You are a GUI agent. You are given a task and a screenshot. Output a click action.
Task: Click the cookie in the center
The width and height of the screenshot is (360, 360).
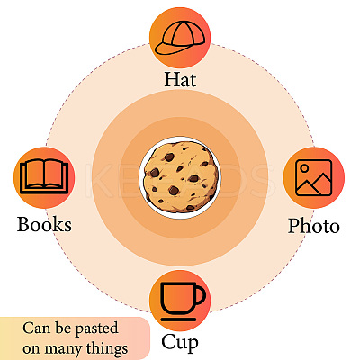pos(180,177)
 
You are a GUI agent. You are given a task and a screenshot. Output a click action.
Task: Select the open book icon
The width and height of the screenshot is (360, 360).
pos(44,176)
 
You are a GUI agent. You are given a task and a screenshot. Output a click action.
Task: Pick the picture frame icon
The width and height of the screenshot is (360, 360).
pos(313,177)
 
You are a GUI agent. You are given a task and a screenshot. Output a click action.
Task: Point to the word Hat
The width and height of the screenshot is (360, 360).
pos(180,79)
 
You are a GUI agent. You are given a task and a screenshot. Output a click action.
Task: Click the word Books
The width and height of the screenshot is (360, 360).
pos(44,224)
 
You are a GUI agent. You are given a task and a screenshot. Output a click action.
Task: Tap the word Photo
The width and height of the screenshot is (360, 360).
pos(314,226)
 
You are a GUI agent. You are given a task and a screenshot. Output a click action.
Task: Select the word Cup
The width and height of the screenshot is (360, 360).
pos(180,342)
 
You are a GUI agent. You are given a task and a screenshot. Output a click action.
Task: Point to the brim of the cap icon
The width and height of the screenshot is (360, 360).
pos(168,49)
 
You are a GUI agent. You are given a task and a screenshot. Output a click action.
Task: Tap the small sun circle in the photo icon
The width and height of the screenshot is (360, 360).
pos(304,168)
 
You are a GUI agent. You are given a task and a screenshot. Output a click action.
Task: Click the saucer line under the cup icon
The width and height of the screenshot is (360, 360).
pos(178,319)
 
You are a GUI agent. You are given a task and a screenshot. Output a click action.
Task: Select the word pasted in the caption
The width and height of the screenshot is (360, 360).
pos(96,329)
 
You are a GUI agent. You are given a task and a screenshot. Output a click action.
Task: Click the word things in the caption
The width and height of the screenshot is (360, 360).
pos(107,349)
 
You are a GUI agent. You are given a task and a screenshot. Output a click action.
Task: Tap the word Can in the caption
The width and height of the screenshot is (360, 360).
pos(37,328)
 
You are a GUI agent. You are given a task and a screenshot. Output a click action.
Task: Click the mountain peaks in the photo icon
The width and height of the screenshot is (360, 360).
pos(313,185)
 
